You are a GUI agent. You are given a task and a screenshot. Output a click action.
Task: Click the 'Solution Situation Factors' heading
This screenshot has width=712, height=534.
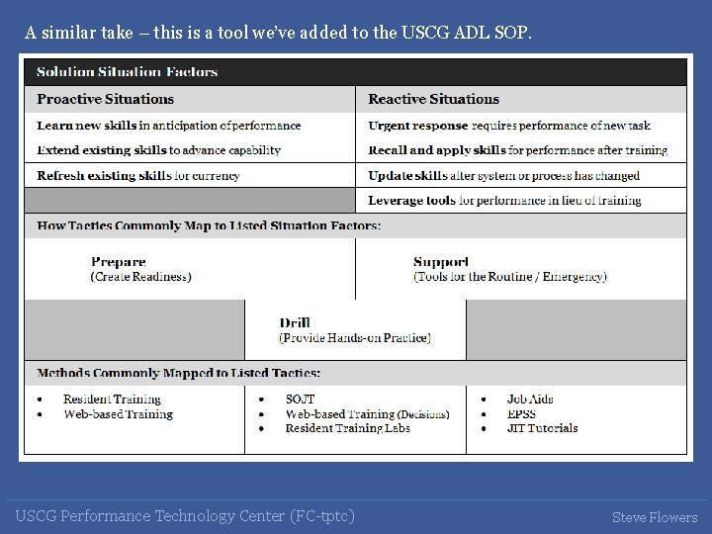pos(127,71)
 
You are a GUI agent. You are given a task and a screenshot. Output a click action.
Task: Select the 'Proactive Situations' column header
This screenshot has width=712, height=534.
pos(105,99)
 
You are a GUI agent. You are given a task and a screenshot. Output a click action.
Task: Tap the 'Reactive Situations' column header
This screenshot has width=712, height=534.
pos(433,99)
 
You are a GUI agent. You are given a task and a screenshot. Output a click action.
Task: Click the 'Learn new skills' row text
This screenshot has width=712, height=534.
pos(168,126)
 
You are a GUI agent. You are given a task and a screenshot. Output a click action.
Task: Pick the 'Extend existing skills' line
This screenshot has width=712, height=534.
pos(158,150)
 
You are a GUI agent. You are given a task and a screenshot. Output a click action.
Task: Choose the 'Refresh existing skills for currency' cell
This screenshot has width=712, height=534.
pos(138,176)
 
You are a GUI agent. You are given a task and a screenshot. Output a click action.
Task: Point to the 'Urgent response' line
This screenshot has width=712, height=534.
pos(509,126)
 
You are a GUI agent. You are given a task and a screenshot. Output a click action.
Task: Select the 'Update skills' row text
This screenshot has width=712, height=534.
pos(503,176)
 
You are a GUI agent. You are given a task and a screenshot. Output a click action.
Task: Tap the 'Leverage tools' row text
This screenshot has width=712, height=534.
pos(504,201)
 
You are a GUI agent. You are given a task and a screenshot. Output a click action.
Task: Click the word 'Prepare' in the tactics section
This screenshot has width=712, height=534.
pos(119,262)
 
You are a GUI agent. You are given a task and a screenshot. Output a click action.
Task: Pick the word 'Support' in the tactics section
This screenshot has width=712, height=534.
pos(441,262)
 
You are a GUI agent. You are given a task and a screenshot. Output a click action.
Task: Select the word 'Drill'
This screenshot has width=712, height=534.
pos(295,322)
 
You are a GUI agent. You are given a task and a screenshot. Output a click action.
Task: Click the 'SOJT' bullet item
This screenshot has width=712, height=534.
pos(300,400)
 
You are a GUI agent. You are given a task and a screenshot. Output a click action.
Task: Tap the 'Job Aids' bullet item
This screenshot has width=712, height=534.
pos(530,400)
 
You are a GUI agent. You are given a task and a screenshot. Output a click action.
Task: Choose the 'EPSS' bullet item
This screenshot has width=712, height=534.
pos(521,414)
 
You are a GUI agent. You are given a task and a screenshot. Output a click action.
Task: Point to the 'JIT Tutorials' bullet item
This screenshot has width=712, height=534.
pos(542,428)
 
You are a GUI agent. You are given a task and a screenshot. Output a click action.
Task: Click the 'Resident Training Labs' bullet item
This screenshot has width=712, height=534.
pos(347,428)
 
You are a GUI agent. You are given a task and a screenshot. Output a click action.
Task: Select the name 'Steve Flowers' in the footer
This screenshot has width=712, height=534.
pos(654,517)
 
